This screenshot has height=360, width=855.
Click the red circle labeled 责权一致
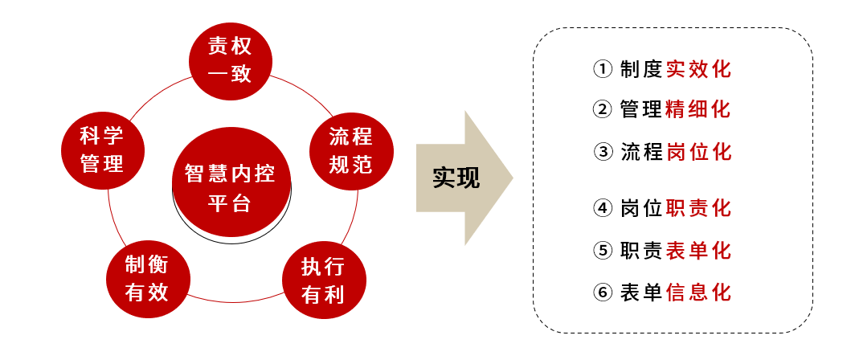tap(230, 63)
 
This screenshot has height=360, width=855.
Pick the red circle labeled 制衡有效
tap(146, 278)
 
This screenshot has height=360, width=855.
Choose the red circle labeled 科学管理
tap(102, 149)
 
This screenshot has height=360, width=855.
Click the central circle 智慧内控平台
tap(230, 186)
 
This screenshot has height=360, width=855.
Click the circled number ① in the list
tap(603, 69)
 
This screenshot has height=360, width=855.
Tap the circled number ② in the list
tap(603, 109)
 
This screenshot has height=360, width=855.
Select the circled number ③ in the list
tap(603, 151)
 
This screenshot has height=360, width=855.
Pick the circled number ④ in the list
tap(603, 208)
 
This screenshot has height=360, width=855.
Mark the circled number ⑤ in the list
tap(603, 251)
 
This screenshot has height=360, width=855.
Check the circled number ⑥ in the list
tap(603, 292)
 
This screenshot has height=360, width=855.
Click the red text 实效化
tap(698, 69)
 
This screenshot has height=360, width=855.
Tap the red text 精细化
tap(698, 109)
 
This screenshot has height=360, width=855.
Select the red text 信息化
tap(698, 292)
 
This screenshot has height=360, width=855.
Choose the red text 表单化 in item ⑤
tap(698, 251)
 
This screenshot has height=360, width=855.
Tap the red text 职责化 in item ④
tap(698, 208)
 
